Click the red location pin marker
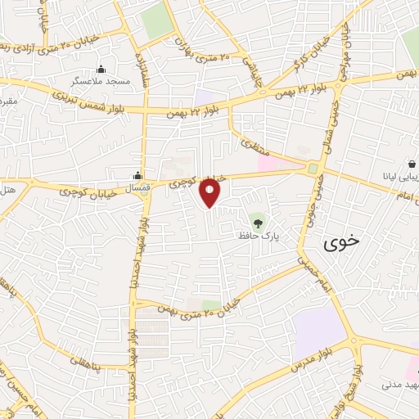pyautogui.click(x=211, y=191)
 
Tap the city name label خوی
pyautogui.click(x=340, y=242)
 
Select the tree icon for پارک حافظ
pyautogui.click(x=259, y=221)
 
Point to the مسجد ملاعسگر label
pyautogui.click(x=101, y=83)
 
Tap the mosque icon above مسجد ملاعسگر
pyautogui.click(x=101, y=70)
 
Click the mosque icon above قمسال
pyautogui.click(x=137, y=174)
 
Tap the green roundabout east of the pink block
pyautogui.click(x=312, y=169)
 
